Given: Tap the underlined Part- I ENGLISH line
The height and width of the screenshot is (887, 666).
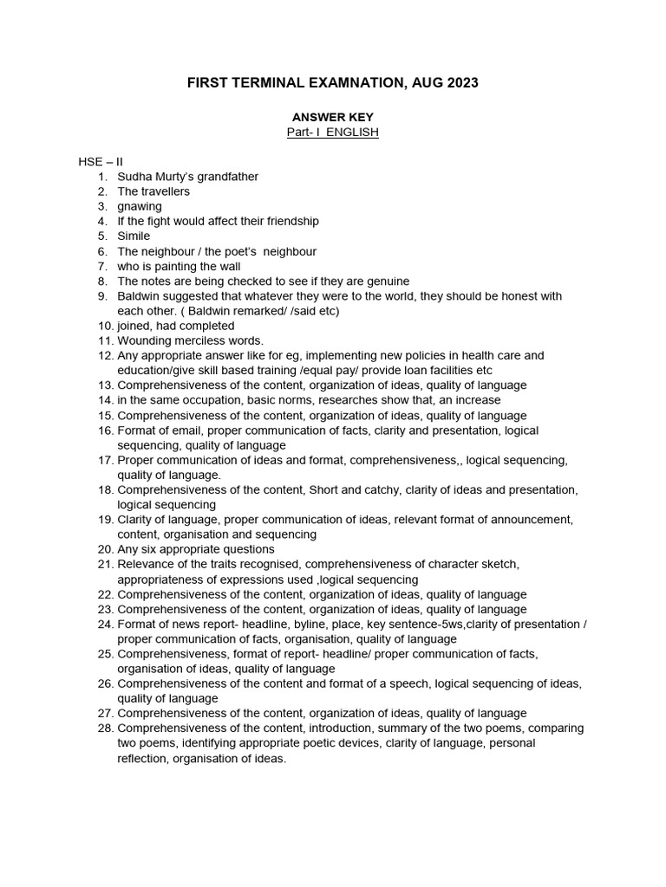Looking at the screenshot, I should [x=332, y=132].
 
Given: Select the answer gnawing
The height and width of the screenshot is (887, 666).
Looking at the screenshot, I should [x=140, y=206].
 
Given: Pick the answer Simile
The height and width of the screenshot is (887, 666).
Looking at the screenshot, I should [x=134, y=236].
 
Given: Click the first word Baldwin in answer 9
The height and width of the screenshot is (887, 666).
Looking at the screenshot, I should [x=137, y=296].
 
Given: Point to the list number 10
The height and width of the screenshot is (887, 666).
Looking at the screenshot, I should [x=105, y=326].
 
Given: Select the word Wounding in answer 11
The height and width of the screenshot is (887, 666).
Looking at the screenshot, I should [x=143, y=340].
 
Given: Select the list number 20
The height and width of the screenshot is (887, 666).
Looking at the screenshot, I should [x=105, y=549].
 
